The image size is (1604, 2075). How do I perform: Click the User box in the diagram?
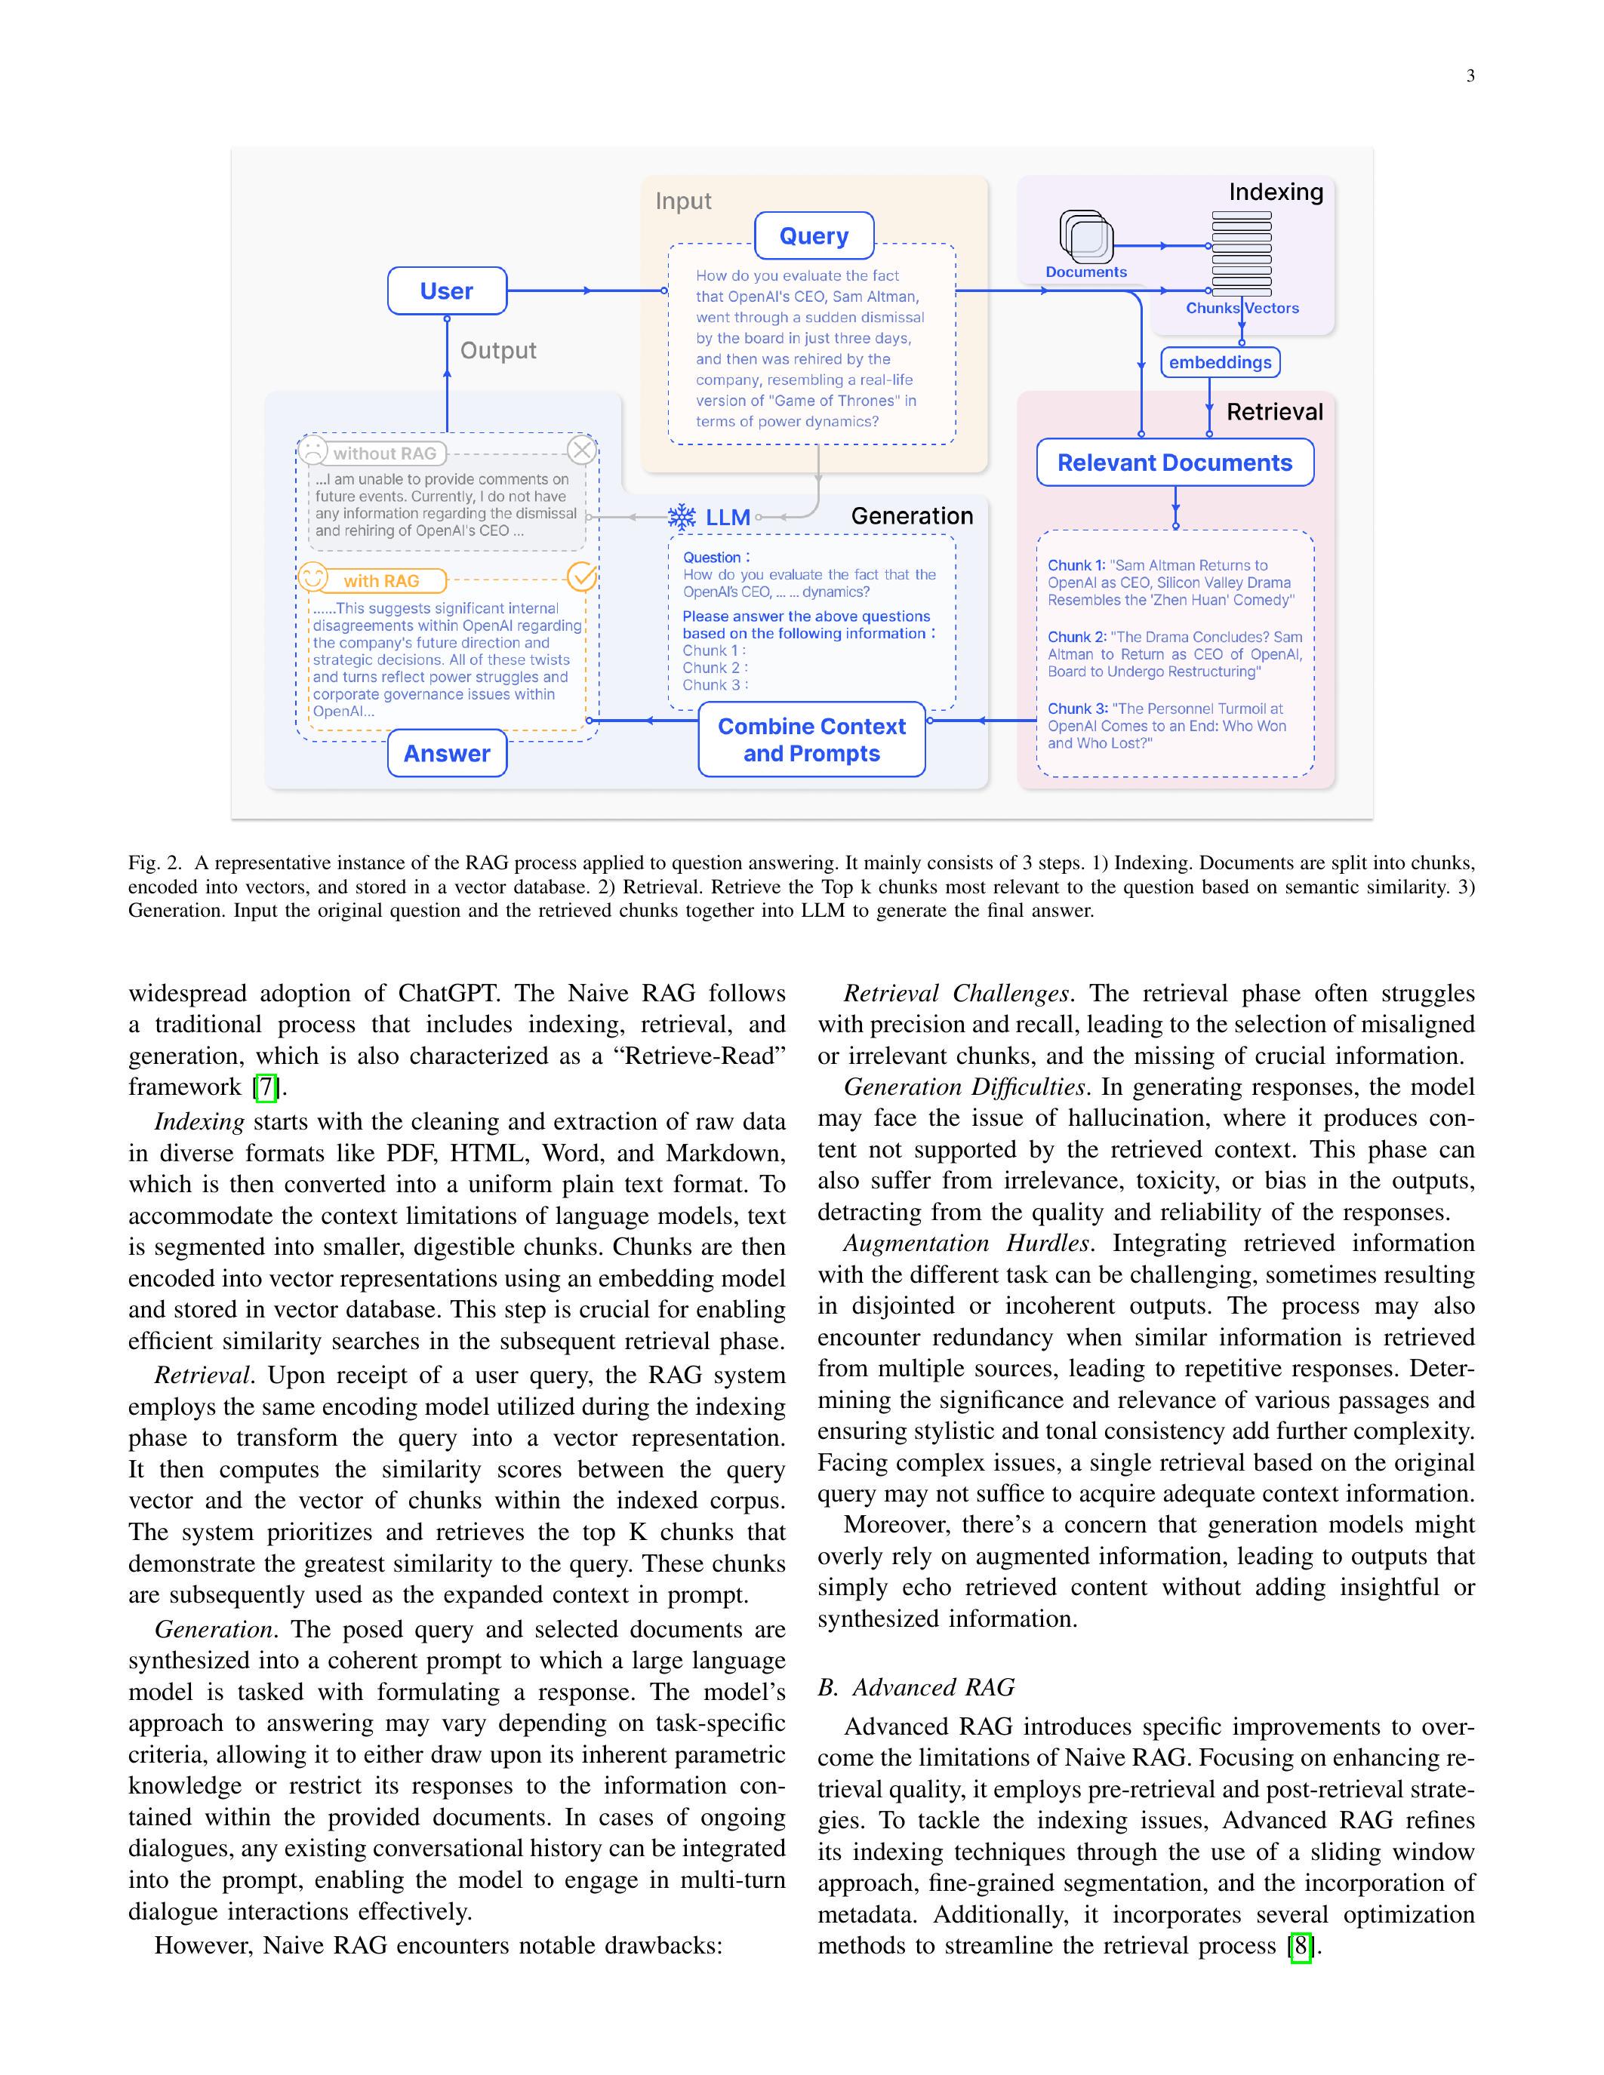coord(447,290)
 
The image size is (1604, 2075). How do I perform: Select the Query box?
coord(814,235)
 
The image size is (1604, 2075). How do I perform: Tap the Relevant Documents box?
coord(1175,463)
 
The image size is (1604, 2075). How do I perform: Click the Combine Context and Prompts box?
coord(811,739)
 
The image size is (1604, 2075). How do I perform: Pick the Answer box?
coord(447,754)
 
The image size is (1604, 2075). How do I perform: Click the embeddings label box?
coord(1220,362)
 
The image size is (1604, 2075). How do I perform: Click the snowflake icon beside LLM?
coord(682,517)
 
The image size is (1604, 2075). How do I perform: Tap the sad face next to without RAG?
coord(313,450)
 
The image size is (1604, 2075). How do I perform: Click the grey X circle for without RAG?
coord(581,450)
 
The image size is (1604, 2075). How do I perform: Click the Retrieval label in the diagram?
coord(1274,411)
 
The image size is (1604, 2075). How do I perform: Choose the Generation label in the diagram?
coord(911,516)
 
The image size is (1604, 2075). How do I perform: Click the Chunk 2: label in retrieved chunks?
coord(1076,637)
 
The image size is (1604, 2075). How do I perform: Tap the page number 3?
coord(1470,76)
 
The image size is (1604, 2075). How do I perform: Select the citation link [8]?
coord(1300,1946)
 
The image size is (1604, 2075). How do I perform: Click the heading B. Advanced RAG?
coord(916,1687)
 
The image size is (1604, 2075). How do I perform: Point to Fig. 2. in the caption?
coord(154,862)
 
